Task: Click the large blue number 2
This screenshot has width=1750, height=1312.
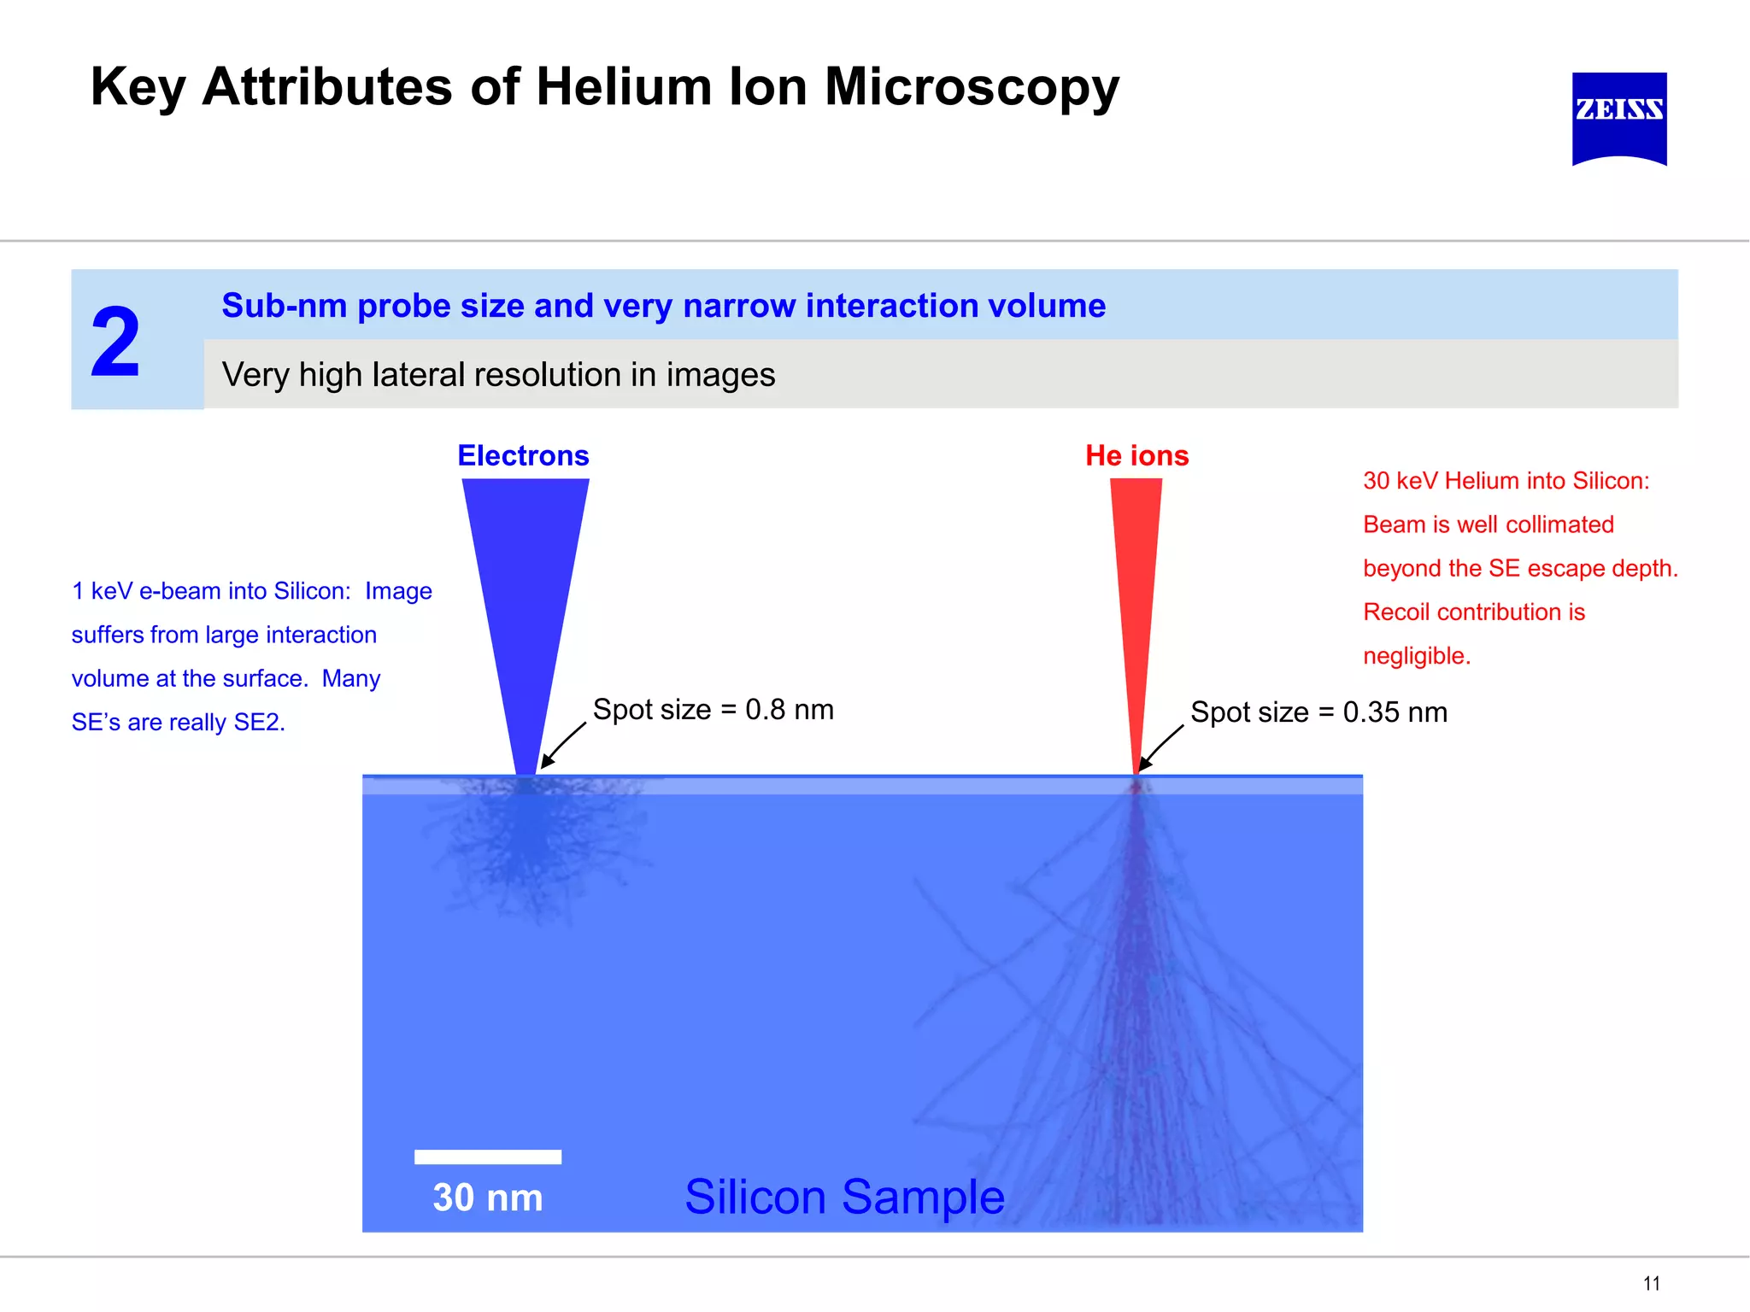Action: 115,343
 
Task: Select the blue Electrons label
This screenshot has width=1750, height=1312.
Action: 523,455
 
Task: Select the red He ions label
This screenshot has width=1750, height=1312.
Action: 1136,455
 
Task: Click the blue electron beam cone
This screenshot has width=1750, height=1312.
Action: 526,581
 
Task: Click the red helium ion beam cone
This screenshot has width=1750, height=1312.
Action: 1136,581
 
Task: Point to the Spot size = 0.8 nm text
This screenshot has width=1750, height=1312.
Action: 713,710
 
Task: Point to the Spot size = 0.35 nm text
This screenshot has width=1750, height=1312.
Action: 1318,712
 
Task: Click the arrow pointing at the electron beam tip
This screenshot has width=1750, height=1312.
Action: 564,745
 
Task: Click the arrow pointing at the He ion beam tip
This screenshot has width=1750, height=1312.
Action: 1161,747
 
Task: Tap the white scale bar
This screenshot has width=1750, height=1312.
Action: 488,1157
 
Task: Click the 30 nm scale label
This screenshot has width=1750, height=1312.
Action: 488,1198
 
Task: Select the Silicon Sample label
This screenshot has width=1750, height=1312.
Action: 844,1197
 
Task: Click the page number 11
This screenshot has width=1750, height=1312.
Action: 1651,1283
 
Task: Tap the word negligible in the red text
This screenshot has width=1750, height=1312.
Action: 1416,656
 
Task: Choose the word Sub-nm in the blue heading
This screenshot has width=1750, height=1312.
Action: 284,306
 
